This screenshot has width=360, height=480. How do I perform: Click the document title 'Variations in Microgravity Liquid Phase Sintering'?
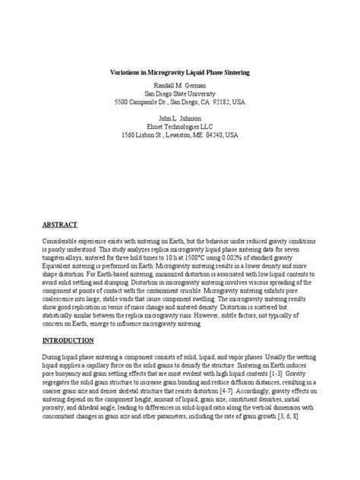click(x=180, y=71)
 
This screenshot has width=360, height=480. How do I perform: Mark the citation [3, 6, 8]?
click(x=299, y=418)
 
